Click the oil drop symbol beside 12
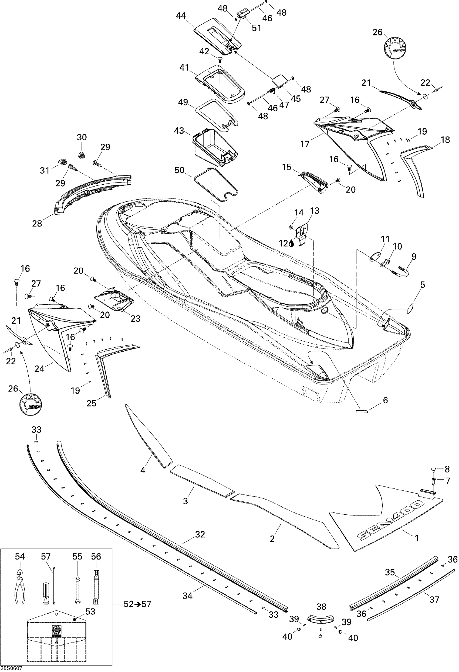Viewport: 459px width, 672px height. click(x=291, y=244)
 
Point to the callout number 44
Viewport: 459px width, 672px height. click(x=181, y=16)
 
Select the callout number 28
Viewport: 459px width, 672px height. click(x=37, y=223)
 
